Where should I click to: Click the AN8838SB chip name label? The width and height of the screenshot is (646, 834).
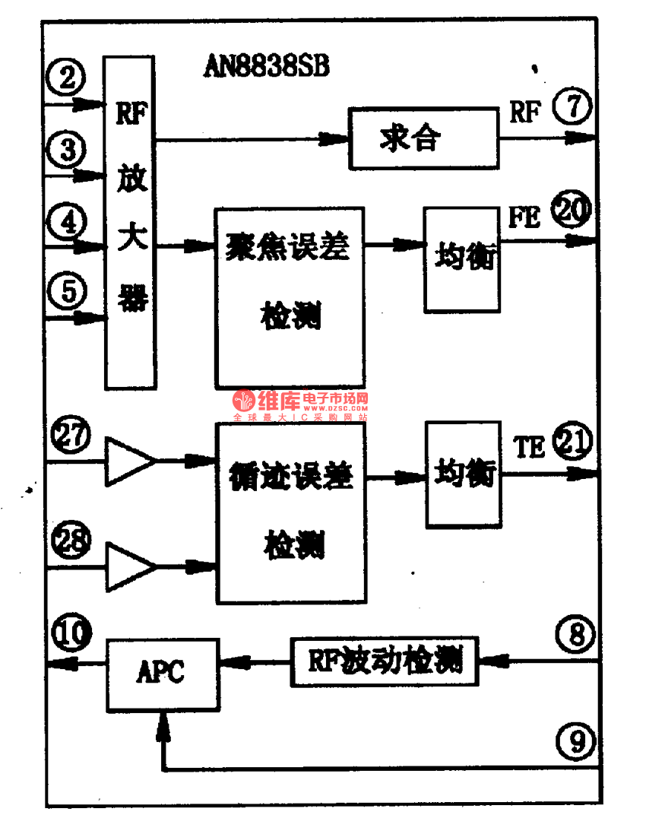pos(267,67)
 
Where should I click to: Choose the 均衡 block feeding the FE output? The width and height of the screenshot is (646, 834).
pos(462,258)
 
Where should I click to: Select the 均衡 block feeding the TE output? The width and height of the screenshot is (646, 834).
pos(463,474)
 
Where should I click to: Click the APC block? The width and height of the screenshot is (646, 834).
pos(161,673)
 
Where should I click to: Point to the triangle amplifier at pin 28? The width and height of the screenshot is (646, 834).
pos(128,566)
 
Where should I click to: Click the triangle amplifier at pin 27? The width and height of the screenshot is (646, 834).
pos(128,460)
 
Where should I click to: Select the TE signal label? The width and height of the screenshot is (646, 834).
pos(529,448)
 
